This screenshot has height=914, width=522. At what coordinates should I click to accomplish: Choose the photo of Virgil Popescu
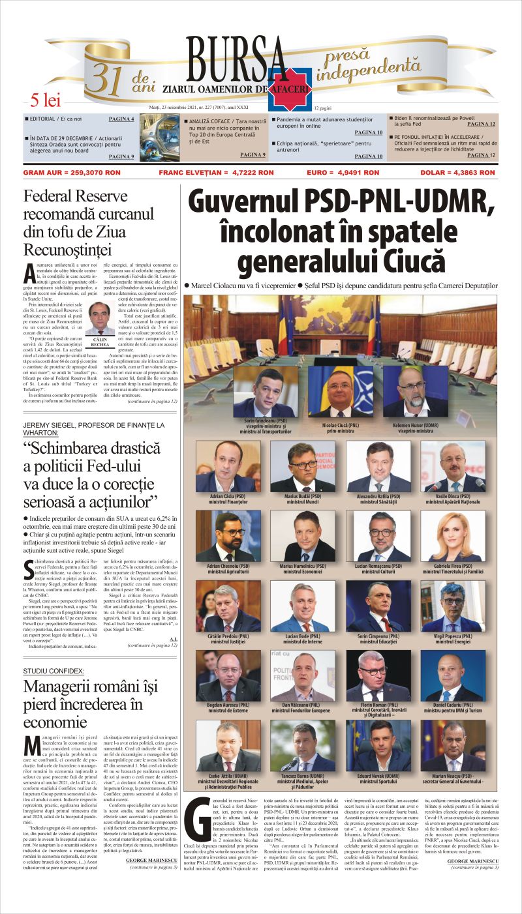pyautogui.click(x=453, y=606)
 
